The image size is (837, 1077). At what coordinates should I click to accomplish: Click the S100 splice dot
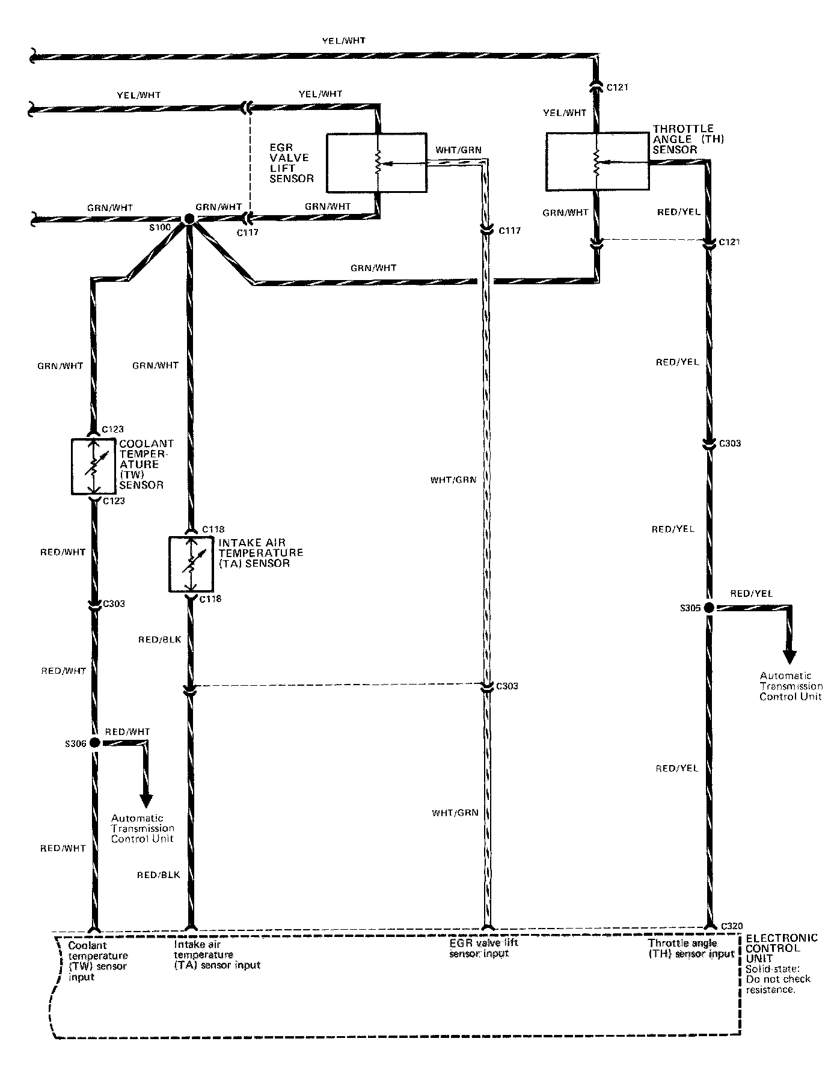[188, 219]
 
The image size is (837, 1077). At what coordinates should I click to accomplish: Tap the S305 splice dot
[710, 608]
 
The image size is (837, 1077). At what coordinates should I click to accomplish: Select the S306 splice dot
[94, 743]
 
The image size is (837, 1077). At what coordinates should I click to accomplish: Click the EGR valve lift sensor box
[376, 163]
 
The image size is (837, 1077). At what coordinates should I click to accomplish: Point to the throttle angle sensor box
[597, 162]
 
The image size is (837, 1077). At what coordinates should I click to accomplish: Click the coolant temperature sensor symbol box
[93, 466]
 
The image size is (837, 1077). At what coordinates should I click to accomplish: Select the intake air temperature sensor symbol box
[191, 564]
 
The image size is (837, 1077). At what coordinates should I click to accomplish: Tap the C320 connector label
[732, 926]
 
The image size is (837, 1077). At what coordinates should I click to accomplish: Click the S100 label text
[162, 228]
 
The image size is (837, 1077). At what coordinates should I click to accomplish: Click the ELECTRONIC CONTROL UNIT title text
[781, 948]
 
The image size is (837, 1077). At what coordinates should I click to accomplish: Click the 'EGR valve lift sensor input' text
[483, 948]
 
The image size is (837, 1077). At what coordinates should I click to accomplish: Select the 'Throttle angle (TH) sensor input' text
[691, 948]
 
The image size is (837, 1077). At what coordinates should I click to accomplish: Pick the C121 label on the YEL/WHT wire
[617, 87]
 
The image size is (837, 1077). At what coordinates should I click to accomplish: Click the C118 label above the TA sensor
[213, 529]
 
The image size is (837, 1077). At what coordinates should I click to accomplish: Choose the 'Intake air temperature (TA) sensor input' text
[217, 954]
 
